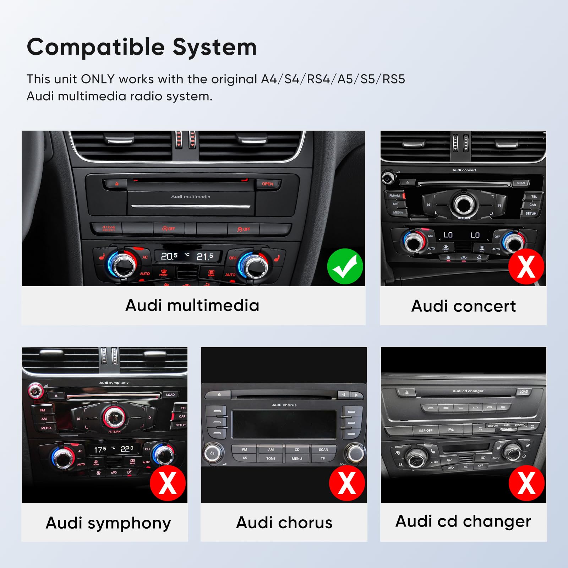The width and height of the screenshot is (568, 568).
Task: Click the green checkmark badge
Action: [x=345, y=266]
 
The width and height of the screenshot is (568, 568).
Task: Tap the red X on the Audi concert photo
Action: [x=526, y=266]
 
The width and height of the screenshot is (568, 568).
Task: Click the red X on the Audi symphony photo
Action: [x=168, y=483]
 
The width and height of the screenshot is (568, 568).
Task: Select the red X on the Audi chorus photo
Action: [x=347, y=483]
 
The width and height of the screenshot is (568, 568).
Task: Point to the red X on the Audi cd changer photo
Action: [x=526, y=483]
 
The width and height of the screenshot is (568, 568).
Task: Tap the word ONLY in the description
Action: [x=98, y=79]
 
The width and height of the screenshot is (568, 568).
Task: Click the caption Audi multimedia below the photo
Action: [x=192, y=305]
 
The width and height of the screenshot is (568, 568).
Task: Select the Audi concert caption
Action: [x=463, y=306]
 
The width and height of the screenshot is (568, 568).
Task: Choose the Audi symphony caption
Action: [x=108, y=523]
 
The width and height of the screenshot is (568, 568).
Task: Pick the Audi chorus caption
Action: [x=284, y=523]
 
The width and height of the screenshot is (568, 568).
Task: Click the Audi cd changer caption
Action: [x=463, y=521]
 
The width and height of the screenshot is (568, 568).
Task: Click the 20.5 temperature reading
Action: [x=169, y=256]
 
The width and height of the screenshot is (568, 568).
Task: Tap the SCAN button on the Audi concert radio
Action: [x=520, y=183]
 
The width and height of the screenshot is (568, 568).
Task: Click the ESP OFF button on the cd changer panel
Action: [x=425, y=431]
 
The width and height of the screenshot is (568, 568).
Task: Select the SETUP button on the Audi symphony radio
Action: [x=180, y=425]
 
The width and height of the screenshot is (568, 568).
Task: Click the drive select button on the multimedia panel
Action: [x=109, y=228]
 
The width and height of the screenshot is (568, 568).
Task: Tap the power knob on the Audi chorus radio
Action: [x=212, y=453]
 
